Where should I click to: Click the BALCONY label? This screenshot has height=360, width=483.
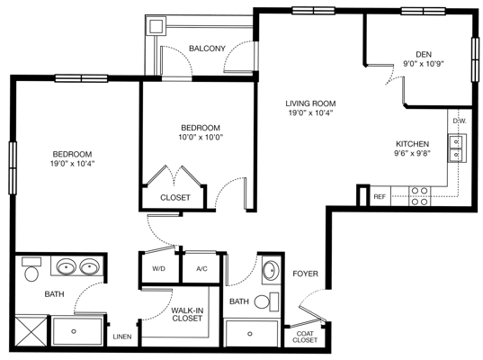[x=207, y=48]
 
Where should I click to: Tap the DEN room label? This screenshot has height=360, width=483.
[x=425, y=53]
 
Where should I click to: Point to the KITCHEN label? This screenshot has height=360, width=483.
[x=413, y=144]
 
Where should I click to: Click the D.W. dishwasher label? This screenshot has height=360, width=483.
[x=458, y=121]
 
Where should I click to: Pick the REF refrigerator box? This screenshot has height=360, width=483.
[x=380, y=196]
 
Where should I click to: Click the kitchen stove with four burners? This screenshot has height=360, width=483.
[x=419, y=195]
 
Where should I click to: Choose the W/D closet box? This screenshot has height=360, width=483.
[x=158, y=267]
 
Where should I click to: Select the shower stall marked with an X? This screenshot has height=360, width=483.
[x=31, y=330]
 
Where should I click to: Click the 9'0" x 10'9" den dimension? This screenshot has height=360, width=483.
[x=425, y=63]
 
